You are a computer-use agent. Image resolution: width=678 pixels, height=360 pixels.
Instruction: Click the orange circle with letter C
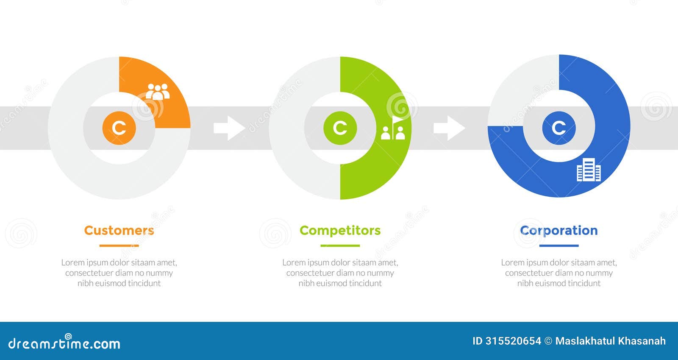click(119, 128)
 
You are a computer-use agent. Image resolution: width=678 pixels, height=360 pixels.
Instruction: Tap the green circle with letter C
click(340, 128)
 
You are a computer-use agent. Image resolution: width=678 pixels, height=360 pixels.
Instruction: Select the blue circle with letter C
click(559, 128)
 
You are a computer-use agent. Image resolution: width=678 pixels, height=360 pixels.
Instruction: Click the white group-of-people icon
click(158, 91)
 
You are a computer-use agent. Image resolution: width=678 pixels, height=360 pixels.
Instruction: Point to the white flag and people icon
click(393, 128)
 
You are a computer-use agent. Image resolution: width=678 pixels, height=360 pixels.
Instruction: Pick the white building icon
click(589, 170)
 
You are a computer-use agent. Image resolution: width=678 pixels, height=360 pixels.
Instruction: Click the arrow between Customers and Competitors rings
click(229, 128)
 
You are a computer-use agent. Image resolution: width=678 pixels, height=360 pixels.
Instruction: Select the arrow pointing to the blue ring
click(449, 128)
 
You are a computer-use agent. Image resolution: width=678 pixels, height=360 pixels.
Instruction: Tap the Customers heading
click(119, 230)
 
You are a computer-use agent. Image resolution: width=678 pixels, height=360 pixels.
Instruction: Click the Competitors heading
click(340, 230)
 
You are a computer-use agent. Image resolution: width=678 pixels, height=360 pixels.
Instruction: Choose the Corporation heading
click(559, 230)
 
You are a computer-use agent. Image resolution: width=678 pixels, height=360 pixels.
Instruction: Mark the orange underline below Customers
click(119, 246)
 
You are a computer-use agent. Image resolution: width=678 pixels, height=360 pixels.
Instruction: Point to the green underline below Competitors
click(340, 246)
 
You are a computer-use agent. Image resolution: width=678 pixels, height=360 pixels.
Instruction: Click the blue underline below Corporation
click(559, 246)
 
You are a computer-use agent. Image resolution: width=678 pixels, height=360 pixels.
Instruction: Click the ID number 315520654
click(513, 341)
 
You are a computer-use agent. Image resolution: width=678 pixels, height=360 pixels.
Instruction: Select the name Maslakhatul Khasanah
click(610, 341)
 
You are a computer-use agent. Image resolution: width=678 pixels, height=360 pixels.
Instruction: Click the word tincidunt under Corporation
click(584, 283)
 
